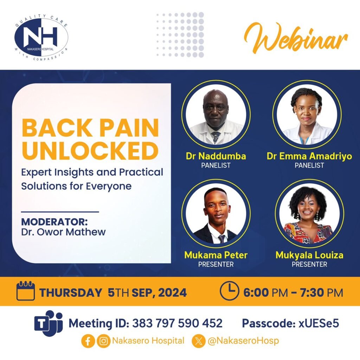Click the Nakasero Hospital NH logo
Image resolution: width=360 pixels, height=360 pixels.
coord(41,37)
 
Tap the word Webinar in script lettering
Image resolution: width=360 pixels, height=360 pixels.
coord(296,38)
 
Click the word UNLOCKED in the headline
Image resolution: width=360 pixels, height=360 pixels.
coord(90,150)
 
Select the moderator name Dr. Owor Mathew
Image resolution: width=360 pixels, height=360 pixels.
coord(63,232)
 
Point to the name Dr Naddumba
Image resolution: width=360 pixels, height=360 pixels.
coord(216,156)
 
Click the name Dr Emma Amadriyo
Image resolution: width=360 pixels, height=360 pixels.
coord(309,156)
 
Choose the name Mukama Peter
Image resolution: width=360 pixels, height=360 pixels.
coord(216,255)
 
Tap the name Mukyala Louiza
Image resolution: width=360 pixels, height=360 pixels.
coord(309,255)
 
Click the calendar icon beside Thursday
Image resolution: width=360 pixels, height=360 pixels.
coord(26,291)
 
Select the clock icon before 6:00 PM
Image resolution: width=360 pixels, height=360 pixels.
coord(230,291)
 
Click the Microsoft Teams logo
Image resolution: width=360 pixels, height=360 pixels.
coord(49,323)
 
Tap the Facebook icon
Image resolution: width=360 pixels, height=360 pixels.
coord(88,341)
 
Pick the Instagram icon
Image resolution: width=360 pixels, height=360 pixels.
coord(104,341)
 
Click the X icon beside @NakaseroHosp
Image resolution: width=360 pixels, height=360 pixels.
coord(199,341)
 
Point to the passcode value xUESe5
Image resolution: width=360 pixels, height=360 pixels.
coord(319,323)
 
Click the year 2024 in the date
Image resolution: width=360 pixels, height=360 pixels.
coord(172,293)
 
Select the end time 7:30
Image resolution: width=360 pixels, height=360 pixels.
coord(313,293)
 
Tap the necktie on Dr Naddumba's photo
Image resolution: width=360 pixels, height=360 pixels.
coord(216,137)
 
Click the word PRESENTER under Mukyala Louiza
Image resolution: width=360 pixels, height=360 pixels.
coord(309,264)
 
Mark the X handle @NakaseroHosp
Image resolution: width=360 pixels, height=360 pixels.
coord(243,341)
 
